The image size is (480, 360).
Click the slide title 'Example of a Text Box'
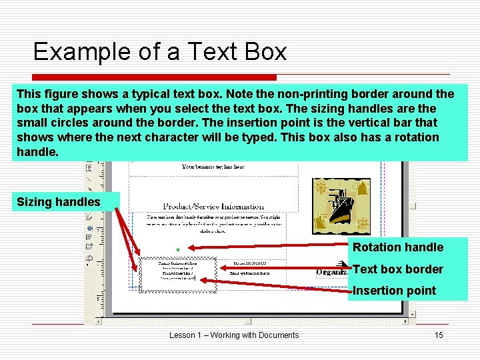pyautogui.click(x=160, y=51)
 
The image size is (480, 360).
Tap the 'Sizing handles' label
pyautogui.click(x=59, y=201)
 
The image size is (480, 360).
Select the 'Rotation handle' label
pyautogui.click(x=398, y=247)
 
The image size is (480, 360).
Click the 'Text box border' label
pyautogui.click(x=398, y=269)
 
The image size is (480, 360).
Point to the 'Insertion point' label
pyautogui.click(x=394, y=291)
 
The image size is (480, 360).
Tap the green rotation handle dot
pyautogui.click(x=177, y=251)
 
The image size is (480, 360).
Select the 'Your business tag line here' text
pyautogui.click(x=213, y=167)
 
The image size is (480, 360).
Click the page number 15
pyautogui.click(x=439, y=335)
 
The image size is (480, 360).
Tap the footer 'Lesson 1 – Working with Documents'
pyautogui.click(x=234, y=335)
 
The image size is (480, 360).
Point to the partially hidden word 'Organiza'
pyautogui.click(x=331, y=272)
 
